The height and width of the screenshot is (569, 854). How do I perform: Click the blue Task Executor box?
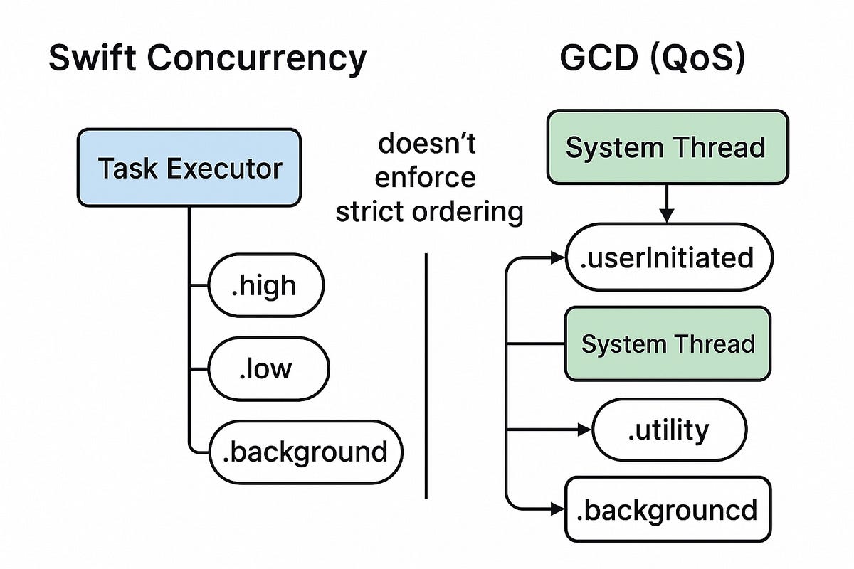click(x=189, y=168)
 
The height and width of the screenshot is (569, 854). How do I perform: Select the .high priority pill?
click(x=265, y=286)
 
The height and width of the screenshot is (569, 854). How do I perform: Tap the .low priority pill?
click(x=268, y=369)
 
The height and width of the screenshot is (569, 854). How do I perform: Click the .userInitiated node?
click(x=668, y=257)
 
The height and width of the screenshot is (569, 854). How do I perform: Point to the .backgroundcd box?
click(x=668, y=509)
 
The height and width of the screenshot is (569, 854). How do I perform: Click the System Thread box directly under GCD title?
click(x=665, y=147)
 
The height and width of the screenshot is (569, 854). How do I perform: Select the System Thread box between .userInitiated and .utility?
click(x=668, y=344)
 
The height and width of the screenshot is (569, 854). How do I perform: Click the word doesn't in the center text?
click(x=427, y=144)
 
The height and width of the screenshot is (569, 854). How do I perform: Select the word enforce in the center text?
click(x=426, y=177)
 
